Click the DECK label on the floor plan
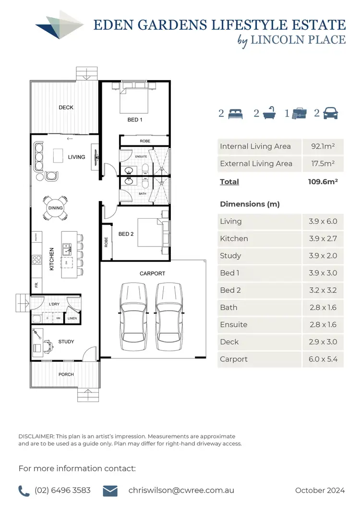[x=66, y=107]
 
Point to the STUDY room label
[x=66, y=342]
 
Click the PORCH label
[x=66, y=375]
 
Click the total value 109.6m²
[x=323, y=182]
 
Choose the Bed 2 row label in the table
[x=230, y=290]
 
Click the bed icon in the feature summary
[x=236, y=114]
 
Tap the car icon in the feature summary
[x=331, y=114]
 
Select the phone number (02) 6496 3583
[x=62, y=490]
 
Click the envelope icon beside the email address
[x=111, y=490]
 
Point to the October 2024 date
[x=320, y=490]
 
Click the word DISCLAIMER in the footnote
[x=36, y=437]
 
